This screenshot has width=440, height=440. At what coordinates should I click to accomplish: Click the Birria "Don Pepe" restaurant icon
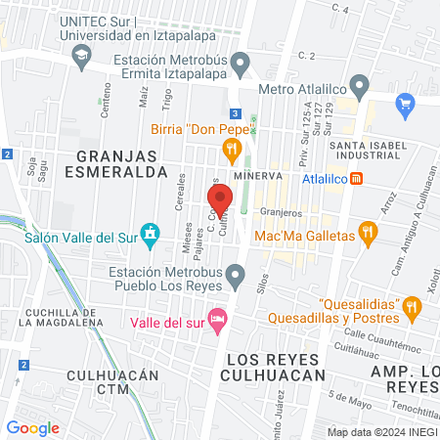[x=232, y=149]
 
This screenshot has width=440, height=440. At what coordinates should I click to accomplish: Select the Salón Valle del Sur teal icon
[x=150, y=234]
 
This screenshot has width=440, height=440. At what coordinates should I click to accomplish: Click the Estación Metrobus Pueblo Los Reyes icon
[x=235, y=279]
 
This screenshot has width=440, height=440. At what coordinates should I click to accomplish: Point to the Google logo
[x=32, y=427]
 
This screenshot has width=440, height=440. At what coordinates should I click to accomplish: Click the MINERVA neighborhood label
[x=258, y=176]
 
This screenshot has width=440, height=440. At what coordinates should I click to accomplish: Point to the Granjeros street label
[x=279, y=210]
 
